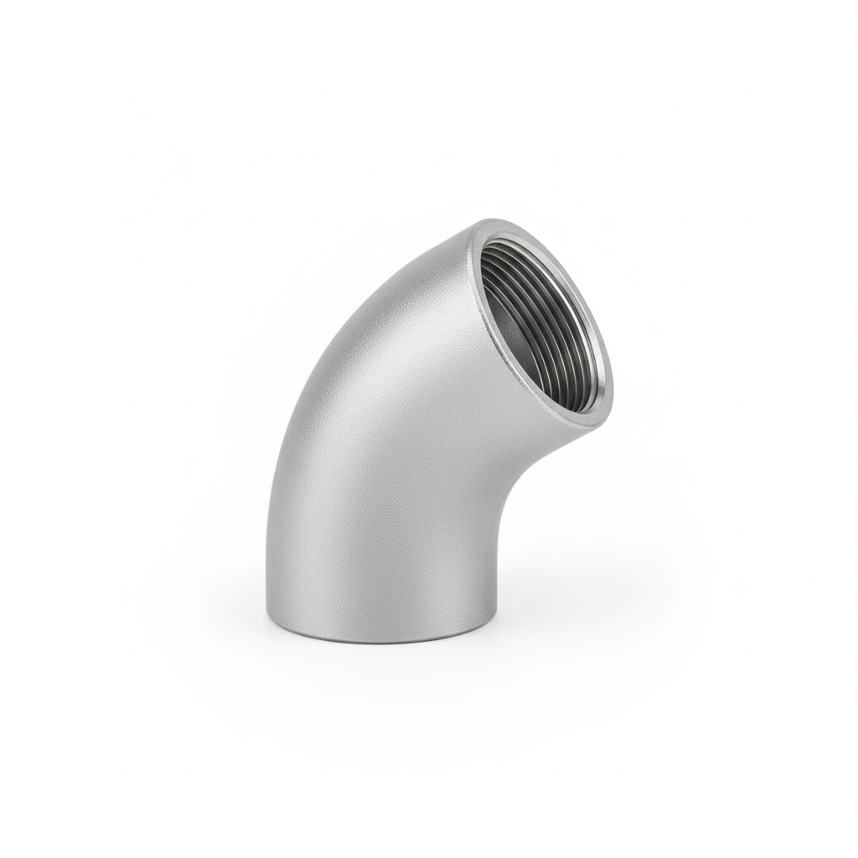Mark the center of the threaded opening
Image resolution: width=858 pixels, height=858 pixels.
pyautogui.click(x=545, y=323)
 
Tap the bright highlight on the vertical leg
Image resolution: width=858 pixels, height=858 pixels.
pyautogui.click(x=436, y=545)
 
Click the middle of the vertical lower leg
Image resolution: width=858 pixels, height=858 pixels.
pyautogui.click(x=385, y=553)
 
